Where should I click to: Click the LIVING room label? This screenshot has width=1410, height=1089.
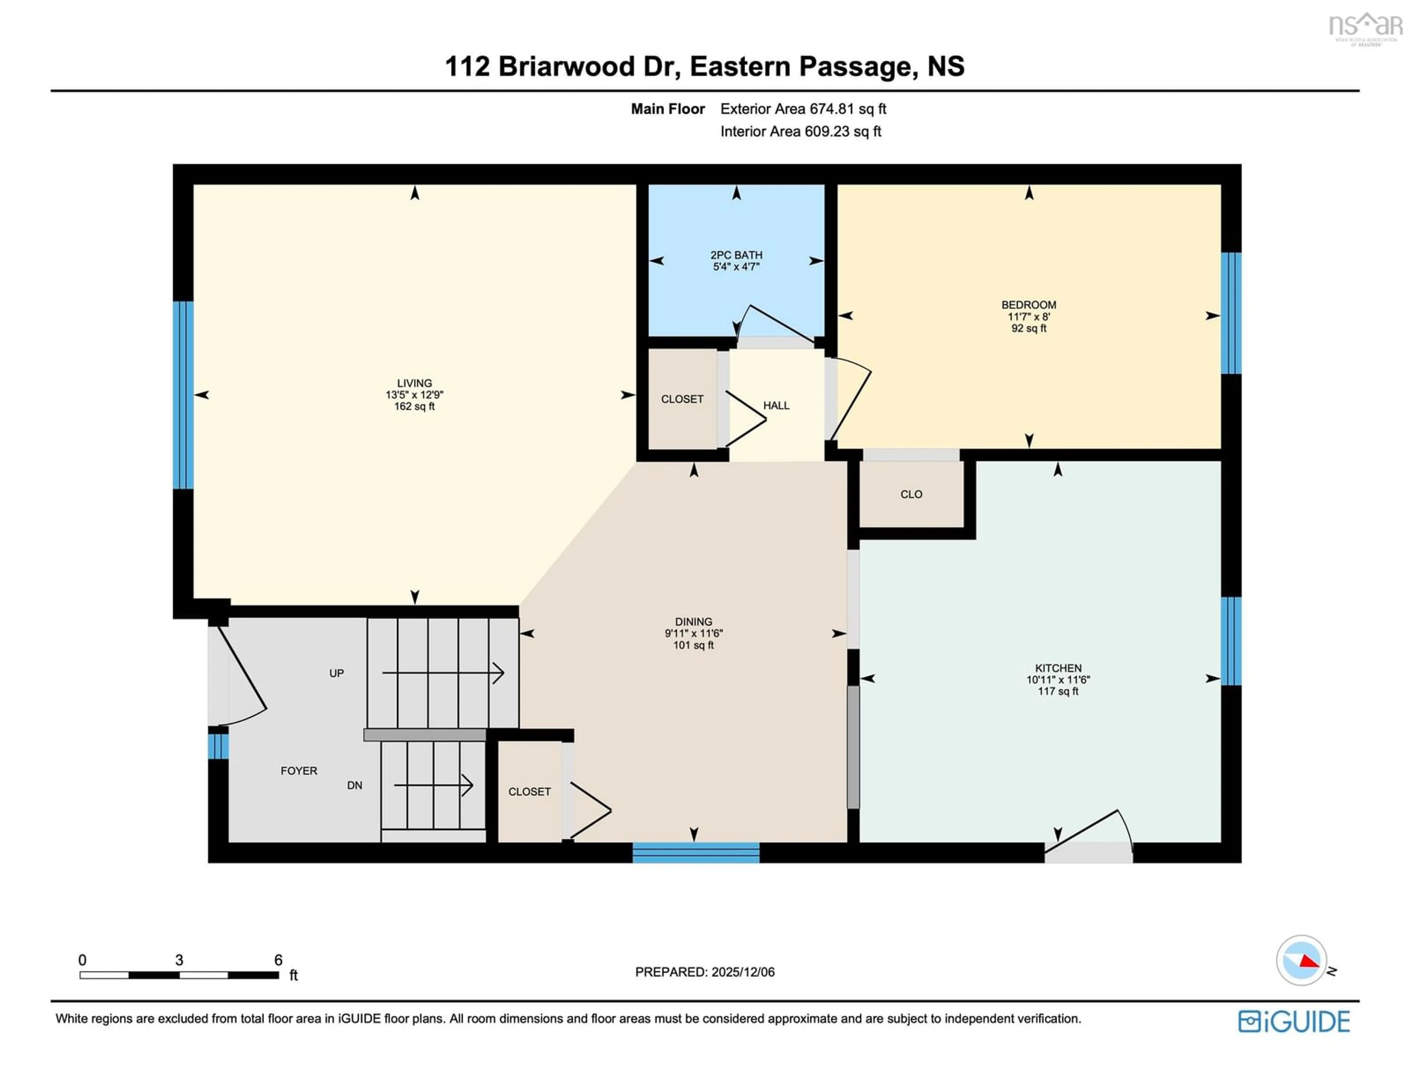click(415, 383)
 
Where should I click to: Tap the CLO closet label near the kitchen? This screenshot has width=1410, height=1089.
click(911, 495)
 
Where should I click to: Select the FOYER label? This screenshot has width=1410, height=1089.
click(299, 771)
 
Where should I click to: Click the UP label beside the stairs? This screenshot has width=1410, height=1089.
click(336, 673)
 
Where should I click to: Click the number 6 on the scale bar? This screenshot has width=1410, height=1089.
click(278, 960)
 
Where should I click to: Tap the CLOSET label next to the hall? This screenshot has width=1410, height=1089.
click(682, 399)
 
